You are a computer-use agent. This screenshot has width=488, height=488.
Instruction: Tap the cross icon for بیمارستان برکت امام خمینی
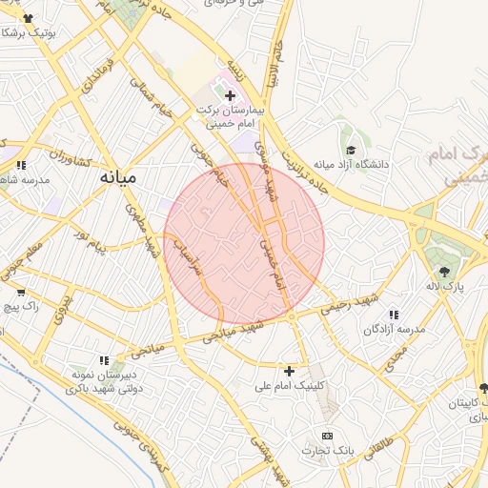point(230,94)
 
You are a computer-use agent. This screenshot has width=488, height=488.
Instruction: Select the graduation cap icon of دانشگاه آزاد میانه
point(351,150)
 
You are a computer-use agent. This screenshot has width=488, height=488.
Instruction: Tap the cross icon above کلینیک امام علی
point(290,370)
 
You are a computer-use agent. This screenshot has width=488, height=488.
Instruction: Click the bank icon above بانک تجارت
point(329,436)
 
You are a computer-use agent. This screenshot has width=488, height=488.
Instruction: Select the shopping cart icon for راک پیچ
point(20,292)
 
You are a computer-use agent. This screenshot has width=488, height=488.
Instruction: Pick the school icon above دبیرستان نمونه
point(103,360)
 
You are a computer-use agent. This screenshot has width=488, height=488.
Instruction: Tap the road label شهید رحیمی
point(352,304)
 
